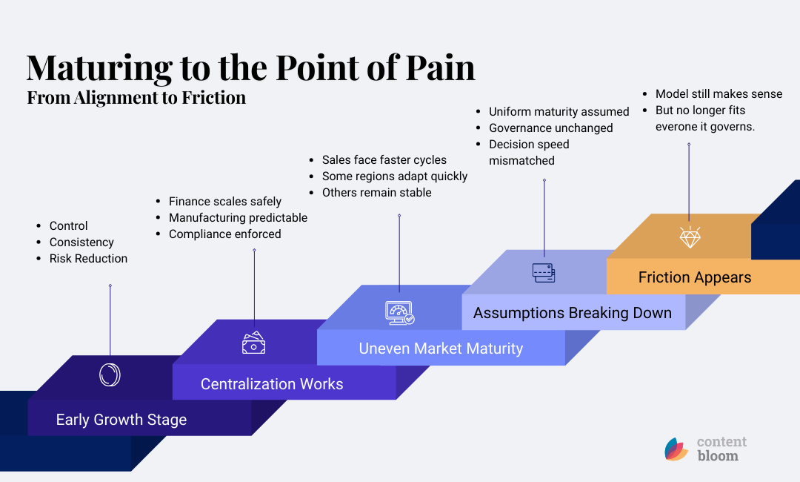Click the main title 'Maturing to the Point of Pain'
pos(250,68)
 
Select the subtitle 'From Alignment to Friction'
pos(136,98)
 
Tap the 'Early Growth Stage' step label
pos(121,420)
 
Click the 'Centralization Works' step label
pos(272,384)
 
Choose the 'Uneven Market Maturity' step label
pos(441,349)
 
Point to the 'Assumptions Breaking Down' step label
pos(572,313)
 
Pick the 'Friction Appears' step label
pos(694,278)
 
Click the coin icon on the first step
pos(110,375)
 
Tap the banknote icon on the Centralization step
pos(253,343)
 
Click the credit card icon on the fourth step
pos(543,274)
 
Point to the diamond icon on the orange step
pos(690,237)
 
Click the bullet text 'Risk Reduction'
pos(88,259)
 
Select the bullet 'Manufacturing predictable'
pos(238,218)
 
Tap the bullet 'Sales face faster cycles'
pos(384,160)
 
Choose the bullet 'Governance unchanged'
pos(550,128)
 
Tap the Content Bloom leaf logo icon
pos(676,449)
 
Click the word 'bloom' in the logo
pos(717,456)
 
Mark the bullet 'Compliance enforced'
pos(224,234)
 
